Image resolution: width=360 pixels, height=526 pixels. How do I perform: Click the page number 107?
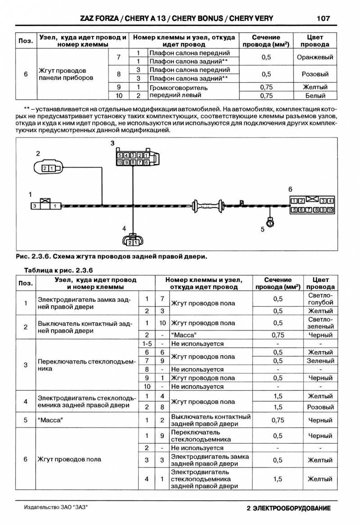[x=323, y=18]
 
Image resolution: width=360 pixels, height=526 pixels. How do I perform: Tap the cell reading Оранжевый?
[x=315, y=57]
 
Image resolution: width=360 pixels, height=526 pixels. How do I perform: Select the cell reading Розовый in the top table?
[x=315, y=74]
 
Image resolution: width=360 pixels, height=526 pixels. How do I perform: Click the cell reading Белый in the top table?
[x=315, y=95]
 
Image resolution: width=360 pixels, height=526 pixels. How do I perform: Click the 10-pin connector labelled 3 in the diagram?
[x=134, y=159]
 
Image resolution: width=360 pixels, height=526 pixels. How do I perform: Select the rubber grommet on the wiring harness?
[x=209, y=206]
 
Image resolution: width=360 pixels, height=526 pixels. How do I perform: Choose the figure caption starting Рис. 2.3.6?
[x=111, y=257]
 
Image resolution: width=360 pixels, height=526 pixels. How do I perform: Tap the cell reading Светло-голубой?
[x=321, y=299]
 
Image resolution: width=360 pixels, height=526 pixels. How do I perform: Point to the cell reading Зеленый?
[x=321, y=361]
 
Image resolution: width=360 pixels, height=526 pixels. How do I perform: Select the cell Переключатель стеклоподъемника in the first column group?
[x=85, y=365]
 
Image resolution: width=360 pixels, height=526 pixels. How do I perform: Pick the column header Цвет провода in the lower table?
[x=321, y=283]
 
